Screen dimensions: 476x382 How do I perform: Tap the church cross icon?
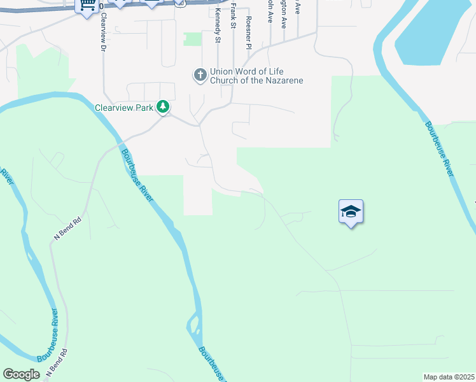point(200,76)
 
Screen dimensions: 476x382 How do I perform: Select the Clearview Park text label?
point(123,108)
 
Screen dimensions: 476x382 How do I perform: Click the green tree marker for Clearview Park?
point(164,106)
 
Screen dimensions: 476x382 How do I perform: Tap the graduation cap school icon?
point(350,212)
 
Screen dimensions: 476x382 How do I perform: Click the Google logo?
point(21,374)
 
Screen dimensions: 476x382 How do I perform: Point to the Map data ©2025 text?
point(449,377)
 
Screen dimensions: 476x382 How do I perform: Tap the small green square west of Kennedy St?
point(192,39)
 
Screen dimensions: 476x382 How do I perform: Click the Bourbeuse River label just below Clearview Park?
point(137,175)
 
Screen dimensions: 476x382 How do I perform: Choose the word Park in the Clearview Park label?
point(144,108)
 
